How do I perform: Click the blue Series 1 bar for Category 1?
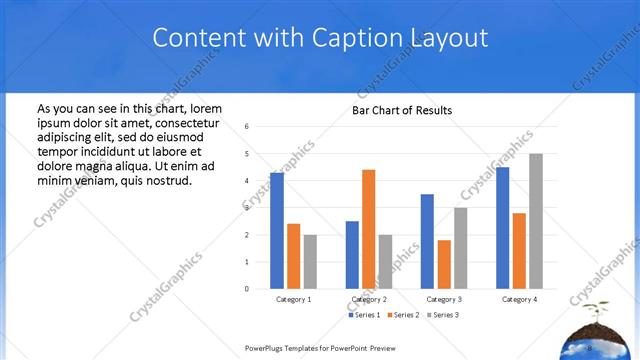pos(277,231)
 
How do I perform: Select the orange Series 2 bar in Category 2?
pos(369,229)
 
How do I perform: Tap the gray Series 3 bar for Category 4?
pos(535,221)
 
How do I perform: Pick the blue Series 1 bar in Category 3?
pos(427,241)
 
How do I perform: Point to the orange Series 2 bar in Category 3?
pos(444,264)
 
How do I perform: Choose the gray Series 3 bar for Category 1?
pos(310,262)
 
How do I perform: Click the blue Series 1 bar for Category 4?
pos(502,228)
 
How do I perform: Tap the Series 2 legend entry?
pos(403,315)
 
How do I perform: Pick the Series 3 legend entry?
pos(442,315)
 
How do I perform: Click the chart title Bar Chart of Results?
pos(402,110)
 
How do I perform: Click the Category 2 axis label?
pos(369,299)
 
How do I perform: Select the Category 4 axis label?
pos(519,299)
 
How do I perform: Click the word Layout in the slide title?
pos(447,38)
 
